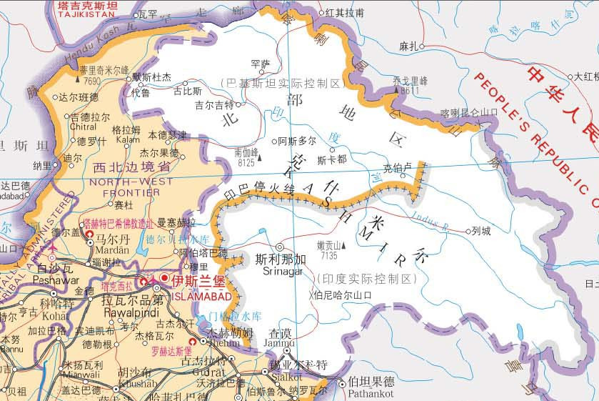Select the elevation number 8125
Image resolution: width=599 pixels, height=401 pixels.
pyautogui.click(x=244, y=162)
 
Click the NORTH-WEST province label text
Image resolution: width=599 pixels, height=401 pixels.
pyautogui.click(x=131, y=182)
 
